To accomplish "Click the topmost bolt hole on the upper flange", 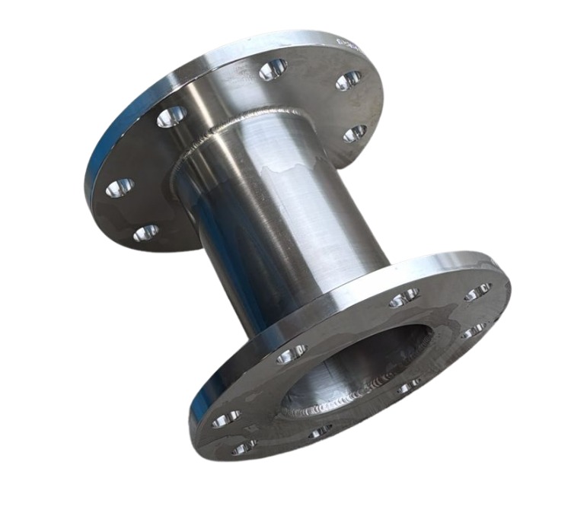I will (x=273, y=70).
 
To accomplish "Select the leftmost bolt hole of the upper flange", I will (x=119, y=187).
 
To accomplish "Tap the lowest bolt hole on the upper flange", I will (x=145, y=232).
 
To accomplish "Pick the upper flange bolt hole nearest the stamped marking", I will (x=349, y=80).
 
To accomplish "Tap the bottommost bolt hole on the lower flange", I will (x=244, y=448).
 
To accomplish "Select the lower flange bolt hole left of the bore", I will (x=291, y=353).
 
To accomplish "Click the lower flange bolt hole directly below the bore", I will (x=320, y=432).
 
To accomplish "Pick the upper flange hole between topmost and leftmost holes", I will (x=171, y=116).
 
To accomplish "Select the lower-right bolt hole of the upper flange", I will (x=354, y=134).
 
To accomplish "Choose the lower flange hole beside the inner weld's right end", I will (x=408, y=387).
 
